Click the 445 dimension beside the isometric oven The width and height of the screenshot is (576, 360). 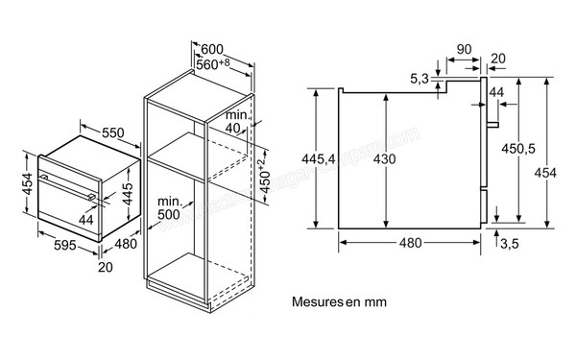click(127, 196)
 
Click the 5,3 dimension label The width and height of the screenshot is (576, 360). click(418, 78)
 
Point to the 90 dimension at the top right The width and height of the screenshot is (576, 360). click(463, 48)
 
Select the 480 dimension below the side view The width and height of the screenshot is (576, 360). click(411, 244)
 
